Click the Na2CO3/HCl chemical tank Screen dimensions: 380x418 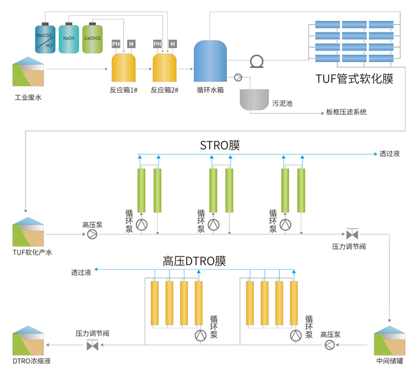click(44, 39)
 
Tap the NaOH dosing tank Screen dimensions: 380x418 click(69, 39)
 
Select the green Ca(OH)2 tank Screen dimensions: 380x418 click(92, 39)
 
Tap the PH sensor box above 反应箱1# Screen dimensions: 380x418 click(116, 44)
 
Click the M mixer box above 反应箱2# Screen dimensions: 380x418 click(172, 44)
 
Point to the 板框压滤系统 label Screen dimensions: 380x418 click(347, 112)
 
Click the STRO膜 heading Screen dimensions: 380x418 click(219, 145)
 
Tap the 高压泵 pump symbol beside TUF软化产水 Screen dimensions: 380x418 click(92, 234)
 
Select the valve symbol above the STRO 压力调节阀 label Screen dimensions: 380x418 click(351, 234)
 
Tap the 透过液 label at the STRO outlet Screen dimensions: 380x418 click(390, 154)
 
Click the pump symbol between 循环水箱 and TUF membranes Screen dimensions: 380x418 click(256, 61)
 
